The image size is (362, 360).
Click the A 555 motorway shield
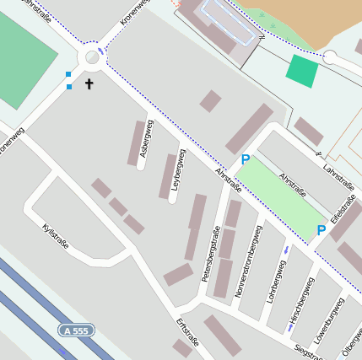click(x=75, y=331)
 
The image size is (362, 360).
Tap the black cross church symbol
click(x=89, y=84)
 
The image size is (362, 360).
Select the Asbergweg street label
click(x=147, y=138)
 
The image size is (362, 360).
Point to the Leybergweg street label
click(x=178, y=174)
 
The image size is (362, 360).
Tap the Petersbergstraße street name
click(x=209, y=254)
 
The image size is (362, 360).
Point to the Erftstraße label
click(x=186, y=331)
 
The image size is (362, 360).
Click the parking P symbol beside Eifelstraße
click(x=321, y=229)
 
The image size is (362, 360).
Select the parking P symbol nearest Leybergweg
click(x=246, y=159)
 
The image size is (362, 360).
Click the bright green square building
click(x=302, y=71)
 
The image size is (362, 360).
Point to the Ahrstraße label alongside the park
click(x=292, y=185)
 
